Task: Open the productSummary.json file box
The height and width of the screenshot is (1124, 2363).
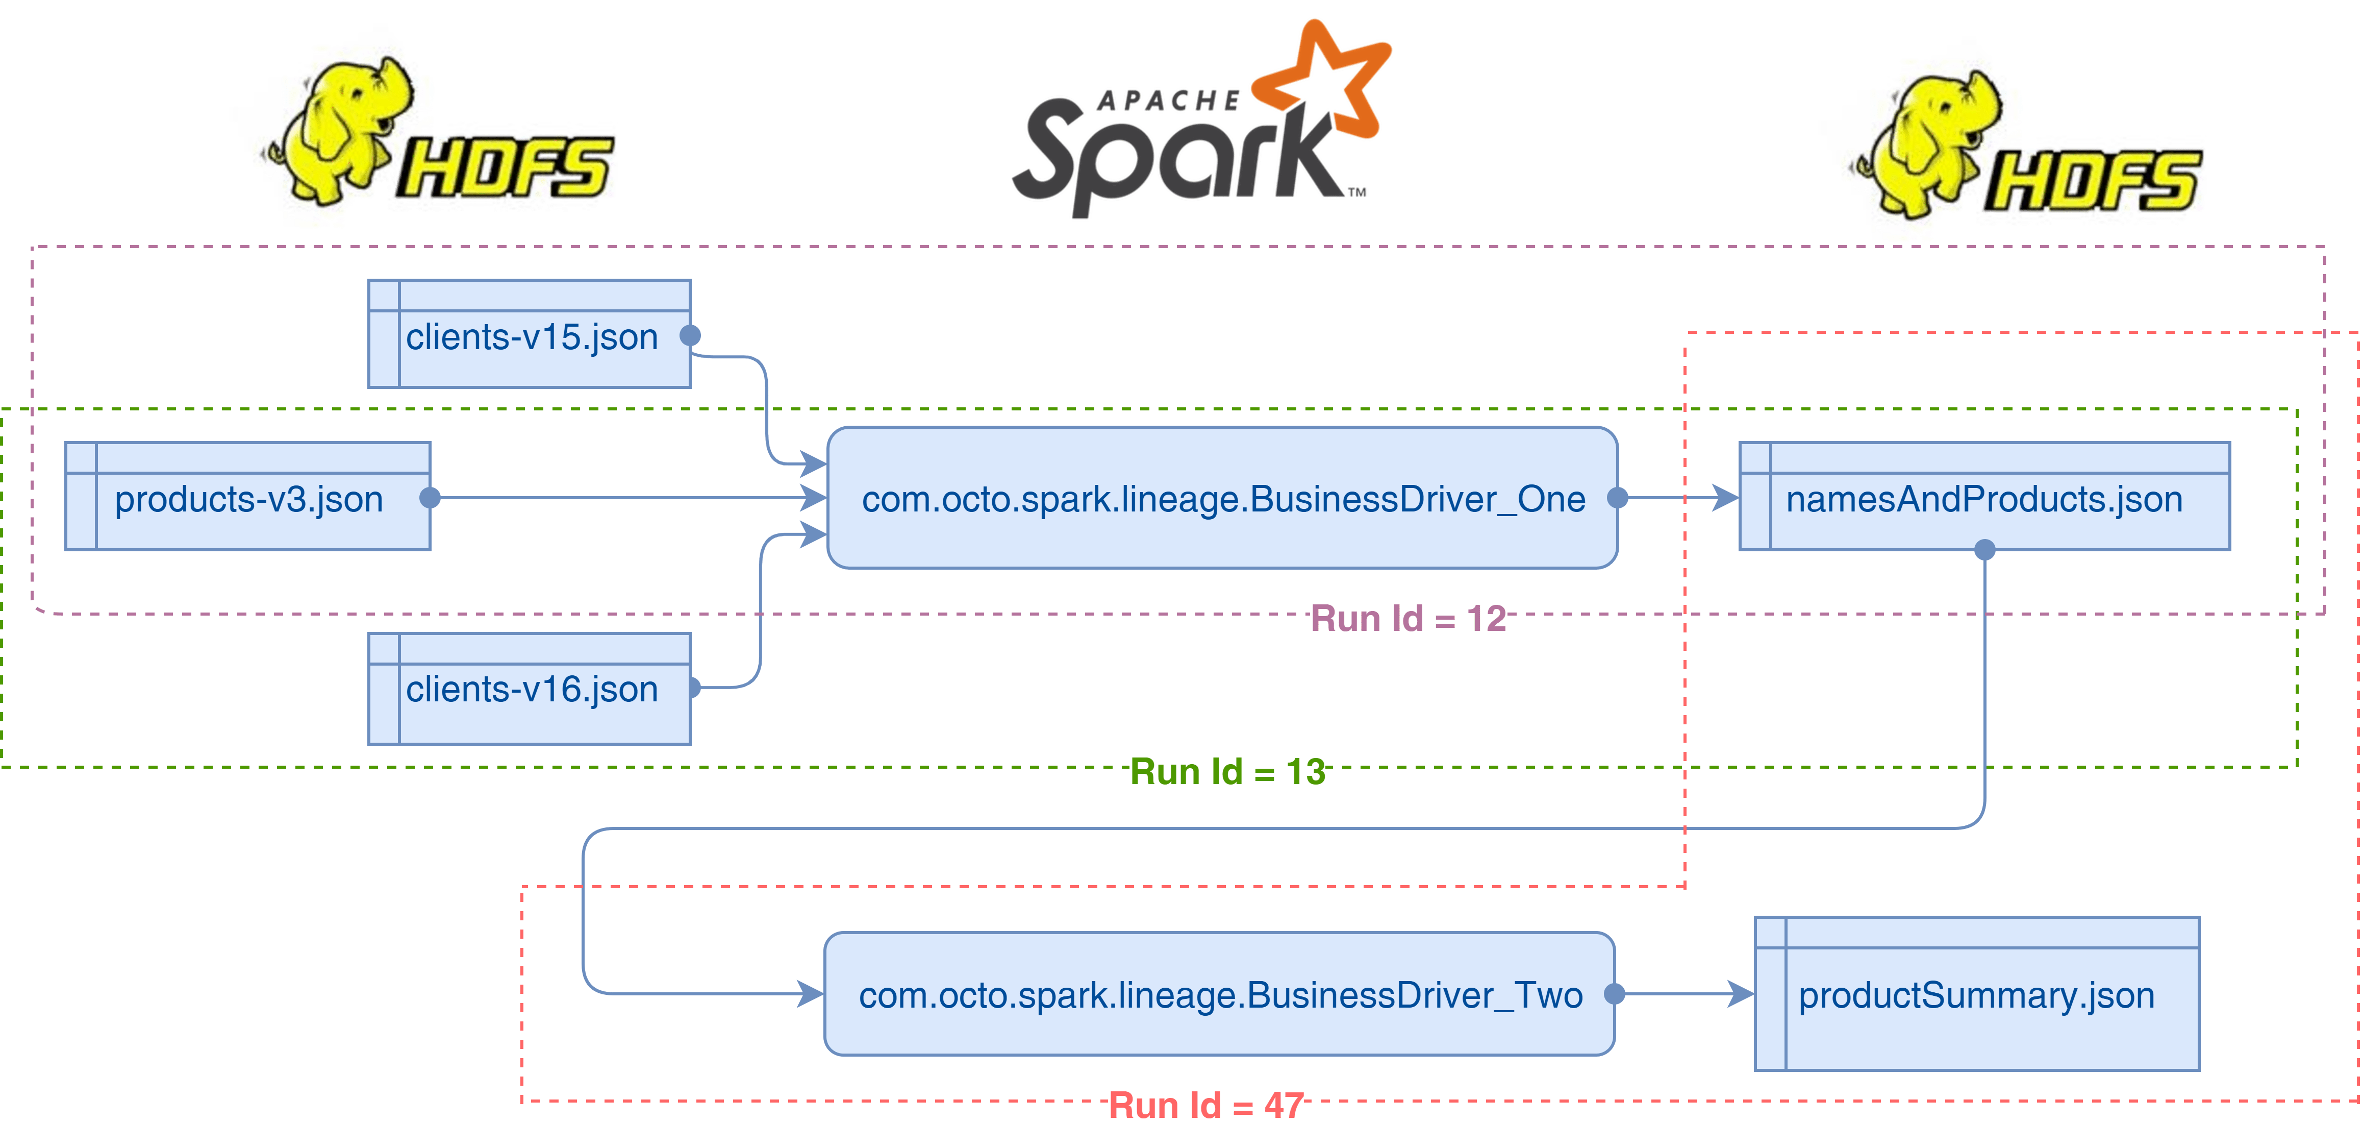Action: [1977, 995]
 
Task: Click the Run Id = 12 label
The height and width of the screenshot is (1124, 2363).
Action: [1407, 619]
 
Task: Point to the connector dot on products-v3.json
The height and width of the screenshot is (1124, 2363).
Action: [430, 498]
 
